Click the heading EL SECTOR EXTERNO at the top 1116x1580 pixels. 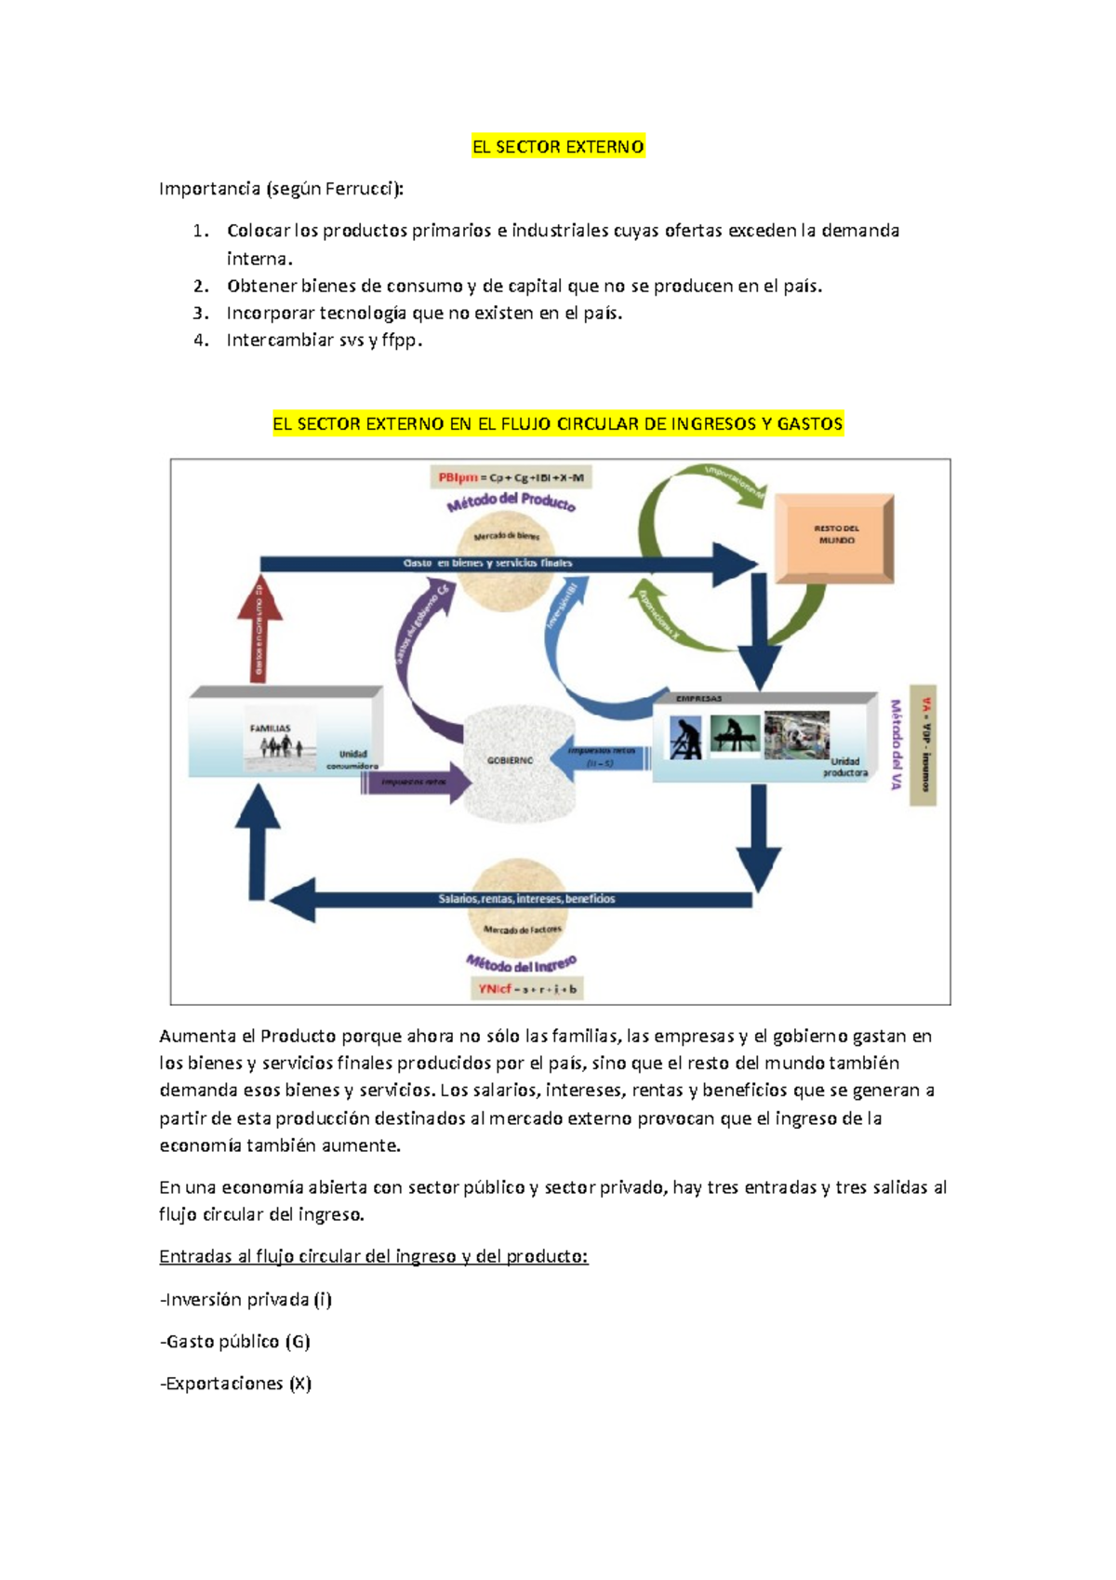coord(558,147)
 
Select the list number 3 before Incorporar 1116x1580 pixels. coord(201,314)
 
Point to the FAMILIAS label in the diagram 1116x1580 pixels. coord(270,729)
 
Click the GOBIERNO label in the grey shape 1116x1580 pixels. coord(510,760)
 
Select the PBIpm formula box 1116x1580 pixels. coord(511,477)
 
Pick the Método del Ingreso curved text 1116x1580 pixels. coord(521,963)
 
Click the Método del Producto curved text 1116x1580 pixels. coord(511,502)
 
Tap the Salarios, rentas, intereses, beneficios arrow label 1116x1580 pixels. coord(526,899)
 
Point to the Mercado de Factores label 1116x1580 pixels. coord(522,930)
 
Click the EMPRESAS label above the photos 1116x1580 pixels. coord(698,698)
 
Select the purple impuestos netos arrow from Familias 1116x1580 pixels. coord(415,783)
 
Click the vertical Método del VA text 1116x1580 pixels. coord(897,744)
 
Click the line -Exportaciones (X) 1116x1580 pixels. coord(236,1384)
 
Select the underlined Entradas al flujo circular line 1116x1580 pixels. coord(373,1256)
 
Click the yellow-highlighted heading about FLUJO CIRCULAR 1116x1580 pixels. coord(557,424)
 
